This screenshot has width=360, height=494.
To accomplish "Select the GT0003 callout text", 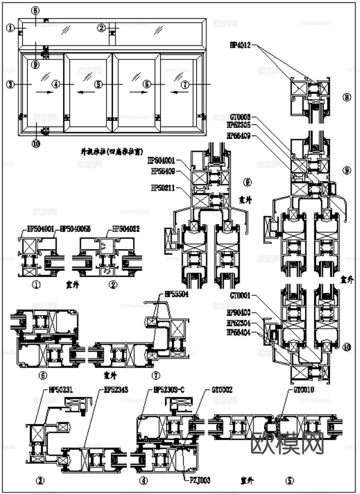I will pyautogui.click(x=240, y=117).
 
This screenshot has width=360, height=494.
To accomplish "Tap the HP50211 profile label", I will pyautogui.click(x=163, y=188).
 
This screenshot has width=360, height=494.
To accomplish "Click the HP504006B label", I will pyautogui.click(x=75, y=228).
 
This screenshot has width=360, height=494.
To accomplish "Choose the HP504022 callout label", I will pyautogui.click(x=126, y=228).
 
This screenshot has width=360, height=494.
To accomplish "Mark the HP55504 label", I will pyautogui.click(x=176, y=294).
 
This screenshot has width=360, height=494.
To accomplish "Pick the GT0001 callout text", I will pyautogui.click(x=240, y=295).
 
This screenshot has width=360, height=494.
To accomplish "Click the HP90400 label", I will pyautogui.click(x=239, y=312).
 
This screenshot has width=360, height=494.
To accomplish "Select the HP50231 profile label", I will pyautogui.click(x=61, y=390).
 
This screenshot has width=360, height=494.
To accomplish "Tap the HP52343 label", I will pyautogui.click(x=116, y=390).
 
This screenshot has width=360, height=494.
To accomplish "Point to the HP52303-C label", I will pyautogui.click(x=169, y=390).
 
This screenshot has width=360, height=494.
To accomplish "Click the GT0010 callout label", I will pyautogui.click(x=304, y=390).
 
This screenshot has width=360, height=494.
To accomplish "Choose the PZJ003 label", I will pyautogui.click(x=199, y=480).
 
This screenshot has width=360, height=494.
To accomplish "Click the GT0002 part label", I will pyautogui.click(x=222, y=390).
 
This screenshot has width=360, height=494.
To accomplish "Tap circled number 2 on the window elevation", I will pyautogui.click(x=102, y=28).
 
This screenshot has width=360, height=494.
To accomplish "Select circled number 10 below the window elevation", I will pyautogui.click(x=36, y=144).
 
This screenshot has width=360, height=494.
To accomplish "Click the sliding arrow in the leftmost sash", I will pyautogui.click(x=45, y=92).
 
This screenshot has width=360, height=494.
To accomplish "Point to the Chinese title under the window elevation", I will pyautogui.click(x=109, y=152).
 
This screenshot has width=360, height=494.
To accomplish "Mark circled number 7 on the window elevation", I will pyautogui.click(x=185, y=85).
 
